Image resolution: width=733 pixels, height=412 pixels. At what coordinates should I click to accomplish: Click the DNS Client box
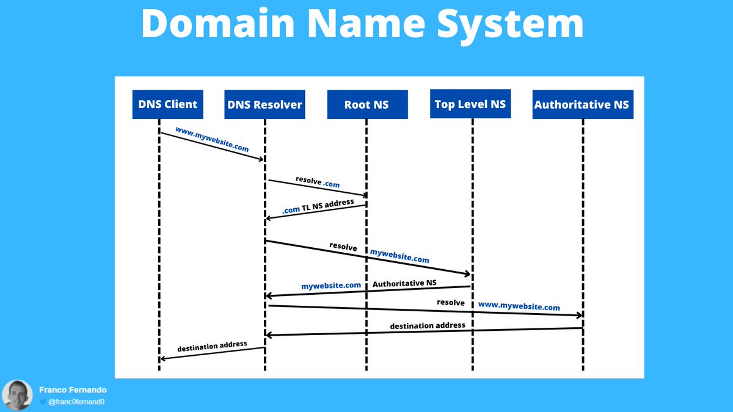[x=167, y=104]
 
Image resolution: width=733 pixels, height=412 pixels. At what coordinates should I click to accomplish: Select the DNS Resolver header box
[x=264, y=104]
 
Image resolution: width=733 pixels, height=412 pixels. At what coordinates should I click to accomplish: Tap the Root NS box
[x=366, y=104]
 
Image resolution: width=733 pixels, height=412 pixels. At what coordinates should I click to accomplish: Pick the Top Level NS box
[x=470, y=104]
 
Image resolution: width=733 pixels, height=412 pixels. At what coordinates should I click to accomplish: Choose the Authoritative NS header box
[x=581, y=104]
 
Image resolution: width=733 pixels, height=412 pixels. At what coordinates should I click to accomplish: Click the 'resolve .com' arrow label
[x=318, y=182]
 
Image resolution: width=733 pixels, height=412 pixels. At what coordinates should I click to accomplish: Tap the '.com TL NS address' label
[x=318, y=206]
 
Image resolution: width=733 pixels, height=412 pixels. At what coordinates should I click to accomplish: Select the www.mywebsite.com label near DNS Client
[x=212, y=139]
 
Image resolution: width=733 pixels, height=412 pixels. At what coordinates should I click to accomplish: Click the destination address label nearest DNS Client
[x=212, y=346]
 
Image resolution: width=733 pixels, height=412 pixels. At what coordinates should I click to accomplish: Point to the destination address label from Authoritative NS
[x=428, y=325]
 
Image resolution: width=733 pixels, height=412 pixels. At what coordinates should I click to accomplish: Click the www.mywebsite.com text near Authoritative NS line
[x=519, y=306]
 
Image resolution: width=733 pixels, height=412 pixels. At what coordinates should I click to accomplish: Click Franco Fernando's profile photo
[x=17, y=395]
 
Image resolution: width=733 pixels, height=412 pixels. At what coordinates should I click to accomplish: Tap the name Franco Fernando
[x=72, y=389]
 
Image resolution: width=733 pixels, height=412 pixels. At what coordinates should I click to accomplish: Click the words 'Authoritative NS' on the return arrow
[x=404, y=284]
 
